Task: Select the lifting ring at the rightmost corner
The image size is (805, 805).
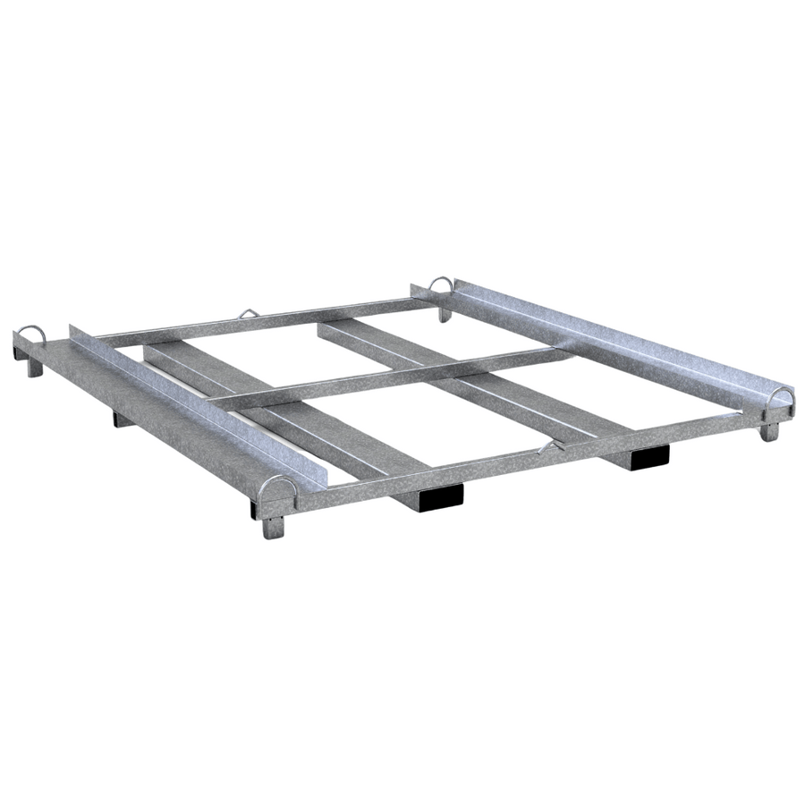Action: pos(781,398)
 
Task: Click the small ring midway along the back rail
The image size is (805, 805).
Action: pos(247,314)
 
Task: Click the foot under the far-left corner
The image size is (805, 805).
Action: pos(33,364)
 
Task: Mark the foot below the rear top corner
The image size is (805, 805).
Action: pos(445,313)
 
